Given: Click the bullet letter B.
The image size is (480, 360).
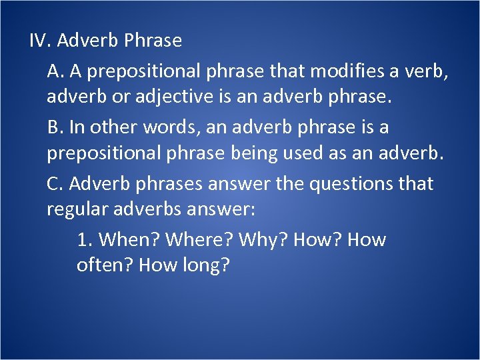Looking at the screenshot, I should [54, 127].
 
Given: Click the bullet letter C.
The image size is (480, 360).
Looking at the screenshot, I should [54, 183].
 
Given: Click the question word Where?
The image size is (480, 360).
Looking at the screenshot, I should [199, 240].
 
